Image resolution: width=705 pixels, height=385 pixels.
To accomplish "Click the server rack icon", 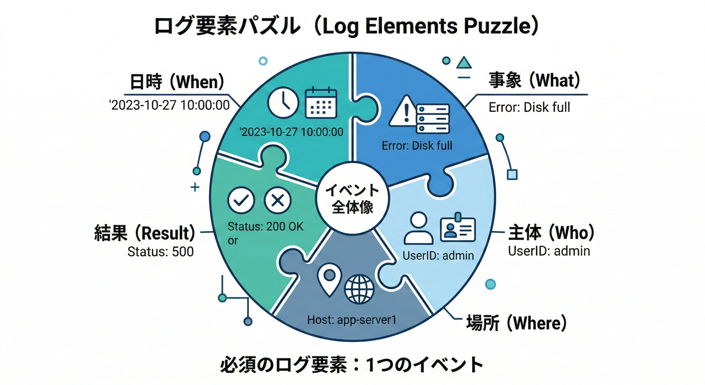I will tap(433, 118).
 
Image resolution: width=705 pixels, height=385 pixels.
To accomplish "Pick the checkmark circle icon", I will tap(241, 201).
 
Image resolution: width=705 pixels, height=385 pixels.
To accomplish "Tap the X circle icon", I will tap(277, 201).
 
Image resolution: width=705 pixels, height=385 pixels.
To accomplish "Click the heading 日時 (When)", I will tap(173, 82).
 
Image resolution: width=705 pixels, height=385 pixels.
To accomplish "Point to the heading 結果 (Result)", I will tap(145, 233).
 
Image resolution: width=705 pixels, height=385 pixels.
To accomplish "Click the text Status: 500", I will tap(160, 252).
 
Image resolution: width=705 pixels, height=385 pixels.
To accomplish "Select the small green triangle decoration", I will tap(464, 63).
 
